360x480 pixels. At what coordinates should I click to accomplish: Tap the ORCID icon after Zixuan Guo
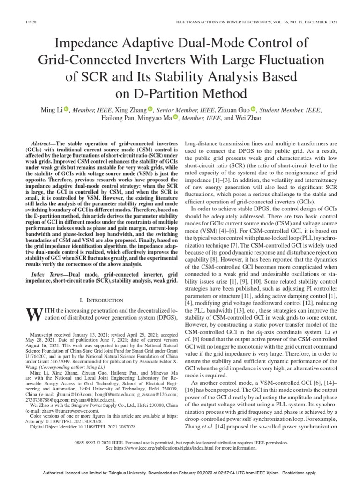(253, 109)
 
